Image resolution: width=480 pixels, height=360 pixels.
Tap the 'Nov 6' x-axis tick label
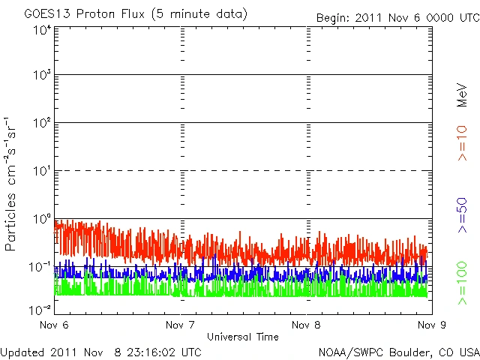(x=55, y=325)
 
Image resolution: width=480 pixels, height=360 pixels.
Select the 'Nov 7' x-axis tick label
(x=180, y=325)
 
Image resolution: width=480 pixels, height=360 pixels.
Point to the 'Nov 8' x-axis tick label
(x=305, y=325)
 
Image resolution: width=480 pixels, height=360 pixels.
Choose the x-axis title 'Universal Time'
(x=242, y=337)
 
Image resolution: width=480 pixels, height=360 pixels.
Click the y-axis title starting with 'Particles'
(x=13, y=184)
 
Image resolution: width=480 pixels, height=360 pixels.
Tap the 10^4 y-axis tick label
(x=40, y=31)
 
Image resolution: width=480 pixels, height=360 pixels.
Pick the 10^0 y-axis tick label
(x=40, y=220)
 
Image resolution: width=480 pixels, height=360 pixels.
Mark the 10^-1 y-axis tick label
(x=40, y=267)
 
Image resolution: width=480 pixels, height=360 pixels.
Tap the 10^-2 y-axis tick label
(x=40, y=308)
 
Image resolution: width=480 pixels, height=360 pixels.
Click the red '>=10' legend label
(x=462, y=142)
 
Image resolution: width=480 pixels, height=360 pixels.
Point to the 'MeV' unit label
(x=462, y=94)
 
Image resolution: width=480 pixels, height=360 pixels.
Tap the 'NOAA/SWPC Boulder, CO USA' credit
(x=398, y=352)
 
